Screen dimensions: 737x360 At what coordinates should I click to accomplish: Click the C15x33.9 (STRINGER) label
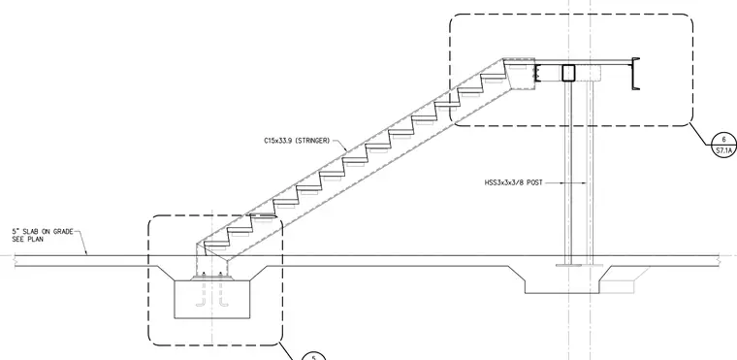click(297, 141)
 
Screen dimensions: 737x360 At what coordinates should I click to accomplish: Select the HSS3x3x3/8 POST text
click(513, 182)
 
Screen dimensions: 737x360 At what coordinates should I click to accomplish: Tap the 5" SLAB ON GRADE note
click(43, 232)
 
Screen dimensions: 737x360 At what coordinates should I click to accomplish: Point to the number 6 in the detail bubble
click(723, 140)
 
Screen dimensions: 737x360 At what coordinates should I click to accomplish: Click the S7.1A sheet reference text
click(723, 151)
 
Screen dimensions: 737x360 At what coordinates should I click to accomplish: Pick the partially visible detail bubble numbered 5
click(313, 356)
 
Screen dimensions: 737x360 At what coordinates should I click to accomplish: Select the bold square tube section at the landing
click(568, 73)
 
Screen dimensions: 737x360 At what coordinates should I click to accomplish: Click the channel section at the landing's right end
click(635, 74)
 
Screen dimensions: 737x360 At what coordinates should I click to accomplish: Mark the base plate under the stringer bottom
click(212, 279)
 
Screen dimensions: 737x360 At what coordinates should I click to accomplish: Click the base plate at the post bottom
click(579, 266)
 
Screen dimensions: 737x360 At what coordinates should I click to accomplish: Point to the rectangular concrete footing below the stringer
click(212, 299)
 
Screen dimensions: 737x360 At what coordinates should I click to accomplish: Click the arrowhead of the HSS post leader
click(584, 182)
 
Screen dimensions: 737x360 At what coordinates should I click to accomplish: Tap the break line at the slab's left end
click(16, 261)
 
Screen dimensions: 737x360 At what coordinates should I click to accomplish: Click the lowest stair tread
click(215, 246)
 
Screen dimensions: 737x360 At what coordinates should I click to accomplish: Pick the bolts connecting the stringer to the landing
click(534, 73)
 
